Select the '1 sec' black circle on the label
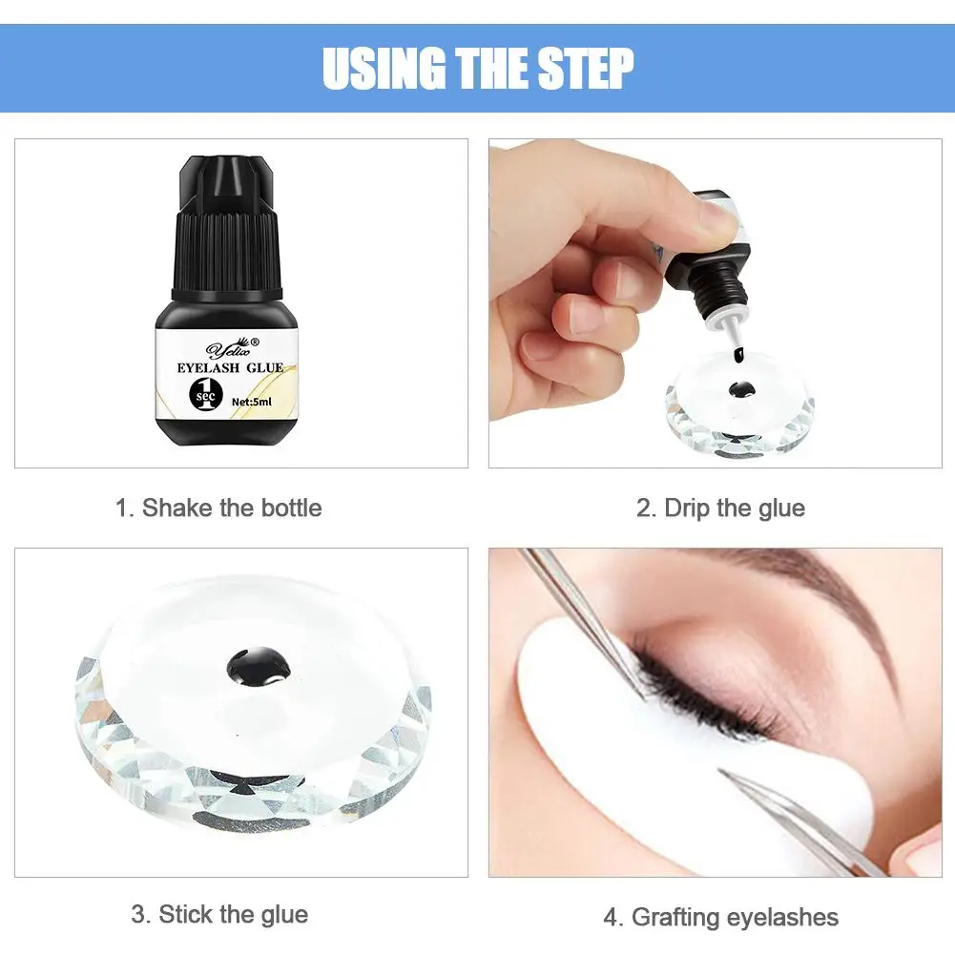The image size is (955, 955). (206, 395)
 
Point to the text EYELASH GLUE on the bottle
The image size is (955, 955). (230, 368)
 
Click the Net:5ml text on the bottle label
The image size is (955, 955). (252, 402)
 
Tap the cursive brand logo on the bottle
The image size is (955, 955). (232, 348)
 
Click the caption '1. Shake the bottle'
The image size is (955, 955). (218, 508)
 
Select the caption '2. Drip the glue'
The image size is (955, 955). (720, 508)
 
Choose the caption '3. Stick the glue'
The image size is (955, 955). (219, 914)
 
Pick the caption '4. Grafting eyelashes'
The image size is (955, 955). (720, 917)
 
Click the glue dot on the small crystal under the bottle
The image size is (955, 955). (741, 390)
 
